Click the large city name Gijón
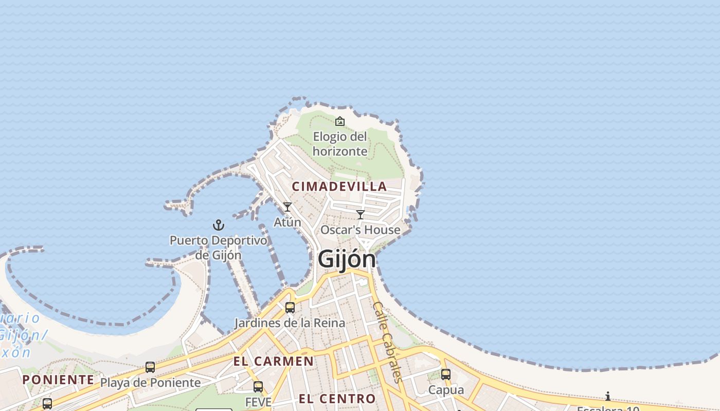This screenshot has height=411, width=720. [x=347, y=258]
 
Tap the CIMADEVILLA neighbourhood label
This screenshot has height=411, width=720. [x=339, y=186]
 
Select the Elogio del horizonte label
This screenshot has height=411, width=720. [x=340, y=144]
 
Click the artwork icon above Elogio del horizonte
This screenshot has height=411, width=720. [x=340, y=122]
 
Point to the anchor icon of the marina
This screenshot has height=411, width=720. [x=219, y=225]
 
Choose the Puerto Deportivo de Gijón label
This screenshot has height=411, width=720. [x=219, y=247]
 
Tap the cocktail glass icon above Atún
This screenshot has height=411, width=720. [x=287, y=207]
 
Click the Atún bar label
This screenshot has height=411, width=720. [x=287, y=222]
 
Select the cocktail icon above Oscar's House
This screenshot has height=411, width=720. [x=361, y=215]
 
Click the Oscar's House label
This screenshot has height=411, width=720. [x=361, y=230]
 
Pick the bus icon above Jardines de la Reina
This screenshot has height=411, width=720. [x=290, y=308]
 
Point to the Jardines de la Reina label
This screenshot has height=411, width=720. [x=290, y=323]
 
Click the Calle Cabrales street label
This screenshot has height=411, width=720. [x=387, y=342]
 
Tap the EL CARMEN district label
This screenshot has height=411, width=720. [x=274, y=361]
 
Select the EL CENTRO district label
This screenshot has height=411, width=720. [x=337, y=399]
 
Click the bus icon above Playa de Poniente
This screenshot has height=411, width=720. [x=150, y=367]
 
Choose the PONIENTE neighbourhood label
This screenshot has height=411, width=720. [x=58, y=380]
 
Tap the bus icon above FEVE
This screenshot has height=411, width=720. [x=258, y=387]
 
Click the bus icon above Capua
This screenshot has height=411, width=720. [x=446, y=375]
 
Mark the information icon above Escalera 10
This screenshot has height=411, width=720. [x=608, y=396]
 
